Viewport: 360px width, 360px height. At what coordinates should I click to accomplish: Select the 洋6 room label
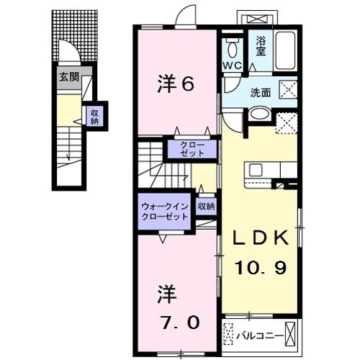[x=176, y=85]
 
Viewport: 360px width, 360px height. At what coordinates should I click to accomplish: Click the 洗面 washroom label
[x=260, y=92]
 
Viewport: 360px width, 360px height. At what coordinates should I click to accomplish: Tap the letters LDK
[x=260, y=238]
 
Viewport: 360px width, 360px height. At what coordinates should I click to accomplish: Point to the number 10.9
[x=260, y=267]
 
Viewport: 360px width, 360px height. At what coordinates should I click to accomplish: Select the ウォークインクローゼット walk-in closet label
[x=165, y=210]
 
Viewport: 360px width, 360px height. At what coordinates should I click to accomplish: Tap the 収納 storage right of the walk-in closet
[x=207, y=207]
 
